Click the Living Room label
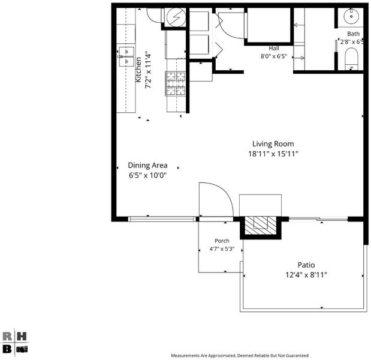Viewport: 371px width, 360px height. (273, 144)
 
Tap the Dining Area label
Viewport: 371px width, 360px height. (147, 166)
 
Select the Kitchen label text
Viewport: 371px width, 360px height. (138, 70)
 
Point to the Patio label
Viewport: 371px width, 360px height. (306, 265)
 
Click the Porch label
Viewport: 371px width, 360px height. (222, 241)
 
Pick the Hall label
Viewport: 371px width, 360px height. (274, 49)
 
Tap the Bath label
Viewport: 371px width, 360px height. (353, 34)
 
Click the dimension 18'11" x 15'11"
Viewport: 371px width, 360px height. (273, 154)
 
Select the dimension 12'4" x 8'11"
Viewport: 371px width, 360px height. (306, 275)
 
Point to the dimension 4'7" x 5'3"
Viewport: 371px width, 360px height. (222, 249)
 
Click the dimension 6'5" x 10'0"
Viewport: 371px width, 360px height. (147, 175)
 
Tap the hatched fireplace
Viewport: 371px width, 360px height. (261, 226)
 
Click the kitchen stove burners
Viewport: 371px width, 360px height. (176, 83)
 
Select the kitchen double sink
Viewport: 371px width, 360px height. (126, 56)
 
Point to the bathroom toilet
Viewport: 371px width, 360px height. (351, 59)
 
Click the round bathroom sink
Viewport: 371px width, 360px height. (351, 16)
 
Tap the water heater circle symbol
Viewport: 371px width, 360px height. (176, 17)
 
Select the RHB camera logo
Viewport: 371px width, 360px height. (14, 343)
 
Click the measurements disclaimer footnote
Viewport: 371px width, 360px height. (240, 355)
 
